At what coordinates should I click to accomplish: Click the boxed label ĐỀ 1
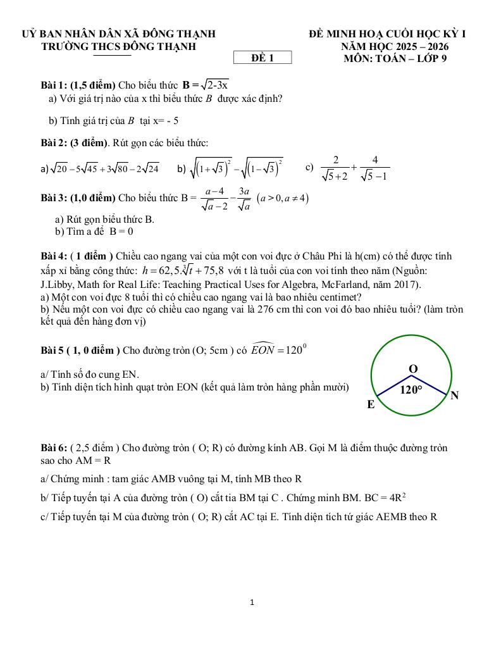pyautogui.click(x=263, y=58)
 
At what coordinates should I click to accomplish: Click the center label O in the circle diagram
pyautogui.click(x=412, y=369)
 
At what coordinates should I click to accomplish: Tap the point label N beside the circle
pyautogui.click(x=454, y=396)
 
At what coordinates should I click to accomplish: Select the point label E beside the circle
pyautogui.click(x=371, y=404)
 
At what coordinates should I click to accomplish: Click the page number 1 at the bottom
pyautogui.click(x=252, y=602)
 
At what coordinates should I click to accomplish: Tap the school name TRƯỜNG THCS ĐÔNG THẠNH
pyautogui.click(x=118, y=46)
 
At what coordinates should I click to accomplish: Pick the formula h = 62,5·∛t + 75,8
pyautogui.click(x=184, y=271)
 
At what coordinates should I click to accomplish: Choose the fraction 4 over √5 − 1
pyautogui.click(x=375, y=168)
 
